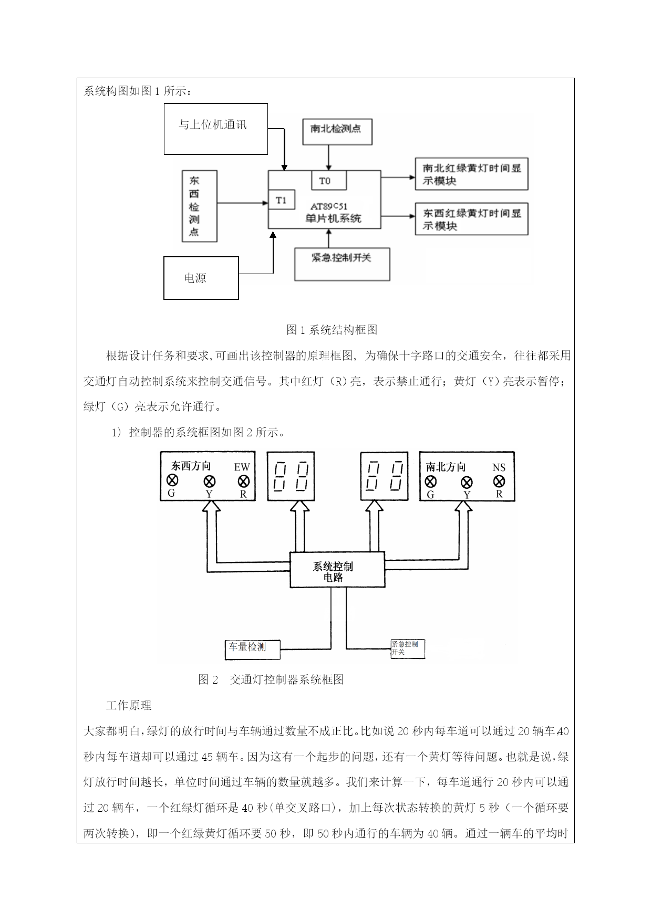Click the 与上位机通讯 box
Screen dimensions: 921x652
[x=215, y=129]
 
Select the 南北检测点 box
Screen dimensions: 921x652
[x=337, y=131]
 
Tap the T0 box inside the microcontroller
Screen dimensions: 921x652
[x=329, y=181]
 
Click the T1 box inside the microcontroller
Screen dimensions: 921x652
[x=281, y=200]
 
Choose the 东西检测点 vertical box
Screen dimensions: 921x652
[x=199, y=206]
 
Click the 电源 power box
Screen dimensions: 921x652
[x=201, y=278]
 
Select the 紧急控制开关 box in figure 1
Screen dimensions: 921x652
[x=341, y=264]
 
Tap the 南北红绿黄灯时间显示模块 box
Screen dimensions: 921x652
[x=471, y=174]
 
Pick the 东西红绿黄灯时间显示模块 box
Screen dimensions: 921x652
[x=471, y=219]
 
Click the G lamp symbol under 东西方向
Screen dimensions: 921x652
[x=172, y=480]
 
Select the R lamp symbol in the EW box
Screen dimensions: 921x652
[x=243, y=481]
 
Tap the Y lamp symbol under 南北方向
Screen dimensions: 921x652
[x=466, y=482]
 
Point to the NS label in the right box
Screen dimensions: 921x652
[x=499, y=467]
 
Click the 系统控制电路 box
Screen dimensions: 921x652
[x=337, y=570]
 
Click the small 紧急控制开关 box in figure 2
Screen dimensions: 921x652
[x=407, y=649]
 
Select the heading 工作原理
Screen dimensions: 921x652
[x=129, y=705]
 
